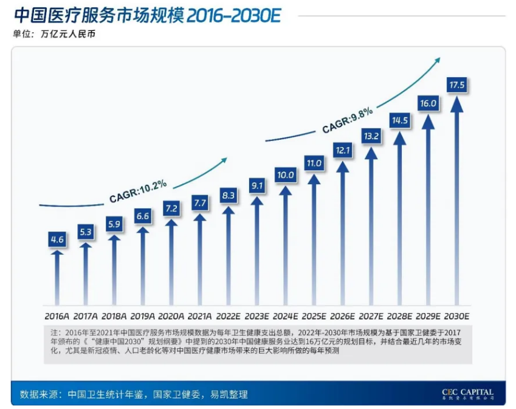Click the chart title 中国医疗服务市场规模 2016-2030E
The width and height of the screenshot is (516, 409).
click(146, 15)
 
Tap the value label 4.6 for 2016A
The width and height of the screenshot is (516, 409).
click(57, 239)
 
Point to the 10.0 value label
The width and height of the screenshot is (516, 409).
click(285, 175)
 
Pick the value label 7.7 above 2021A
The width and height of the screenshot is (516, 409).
click(200, 203)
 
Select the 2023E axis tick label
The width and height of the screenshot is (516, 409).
click(256, 316)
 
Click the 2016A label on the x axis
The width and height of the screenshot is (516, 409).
click(57, 316)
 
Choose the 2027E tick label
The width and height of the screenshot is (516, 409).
click(371, 316)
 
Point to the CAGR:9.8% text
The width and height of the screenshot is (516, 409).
click(347, 120)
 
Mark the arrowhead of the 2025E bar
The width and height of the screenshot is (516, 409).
click(314, 180)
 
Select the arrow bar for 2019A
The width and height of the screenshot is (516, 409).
click(143, 267)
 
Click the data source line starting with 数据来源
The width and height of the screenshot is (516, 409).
click(134, 394)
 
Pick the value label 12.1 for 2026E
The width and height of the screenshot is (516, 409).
click(342, 150)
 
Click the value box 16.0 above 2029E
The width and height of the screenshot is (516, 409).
click(428, 103)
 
